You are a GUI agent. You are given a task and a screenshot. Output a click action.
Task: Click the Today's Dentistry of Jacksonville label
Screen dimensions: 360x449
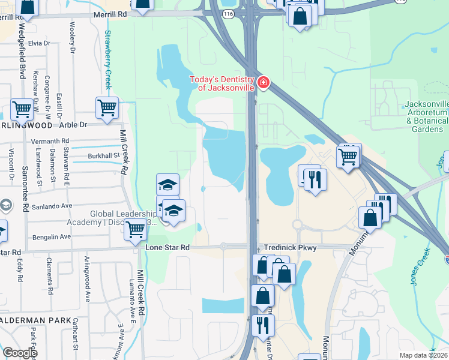click(223, 83)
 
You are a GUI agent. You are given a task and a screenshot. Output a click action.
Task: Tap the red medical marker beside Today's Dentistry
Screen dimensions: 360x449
click(263, 82)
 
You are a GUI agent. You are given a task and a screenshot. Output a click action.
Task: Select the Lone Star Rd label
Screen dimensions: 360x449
click(167, 247)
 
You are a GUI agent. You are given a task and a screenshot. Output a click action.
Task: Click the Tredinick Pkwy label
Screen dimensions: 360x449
click(287, 247)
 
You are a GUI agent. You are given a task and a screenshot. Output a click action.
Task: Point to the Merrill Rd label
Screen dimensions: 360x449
click(109, 13)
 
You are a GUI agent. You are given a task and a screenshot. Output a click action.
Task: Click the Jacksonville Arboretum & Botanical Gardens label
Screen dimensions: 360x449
click(427, 116)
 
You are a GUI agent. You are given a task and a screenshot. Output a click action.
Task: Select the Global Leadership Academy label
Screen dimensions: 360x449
click(123, 218)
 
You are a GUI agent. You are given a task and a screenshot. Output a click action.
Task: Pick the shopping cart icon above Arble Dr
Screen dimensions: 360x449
click(107, 108)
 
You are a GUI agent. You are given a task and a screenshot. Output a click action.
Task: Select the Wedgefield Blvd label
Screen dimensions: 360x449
click(22, 53)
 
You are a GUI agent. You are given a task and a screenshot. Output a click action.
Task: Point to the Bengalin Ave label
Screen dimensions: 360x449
click(53, 237)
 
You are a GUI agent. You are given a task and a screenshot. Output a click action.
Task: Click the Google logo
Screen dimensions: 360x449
click(20, 353)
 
